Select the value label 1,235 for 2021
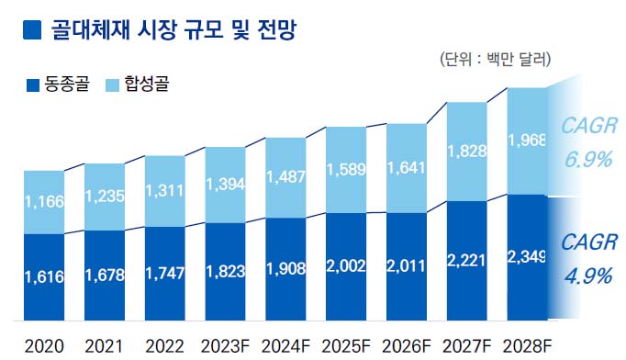click(x=104, y=196)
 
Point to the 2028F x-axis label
click(x=528, y=347)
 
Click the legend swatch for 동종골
click(x=34, y=85)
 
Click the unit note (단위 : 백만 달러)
click(x=496, y=62)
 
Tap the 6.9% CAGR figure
click(x=588, y=158)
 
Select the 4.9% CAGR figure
click(x=588, y=276)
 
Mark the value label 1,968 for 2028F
click(x=528, y=141)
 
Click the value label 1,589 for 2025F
click(x=346, y=171)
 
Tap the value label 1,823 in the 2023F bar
click(x=225, y=272)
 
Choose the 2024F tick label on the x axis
click(x=285, y=347)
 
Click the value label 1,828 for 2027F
click(x=467, y=150)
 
